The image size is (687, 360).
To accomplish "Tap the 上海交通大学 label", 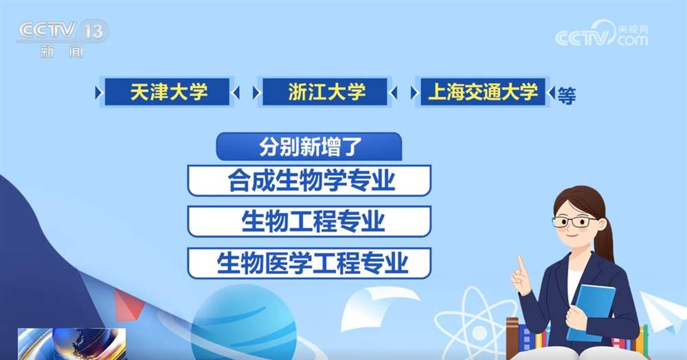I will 483,91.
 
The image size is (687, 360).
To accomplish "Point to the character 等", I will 567,95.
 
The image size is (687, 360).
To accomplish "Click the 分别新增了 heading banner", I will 309,147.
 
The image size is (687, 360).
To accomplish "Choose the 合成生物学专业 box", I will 309,181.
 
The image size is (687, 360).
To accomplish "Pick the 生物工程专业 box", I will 309,221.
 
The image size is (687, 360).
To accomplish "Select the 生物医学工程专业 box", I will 309,263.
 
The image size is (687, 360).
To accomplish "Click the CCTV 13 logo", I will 62,38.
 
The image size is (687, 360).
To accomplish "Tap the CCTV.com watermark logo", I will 601,34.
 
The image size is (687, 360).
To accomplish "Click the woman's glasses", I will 574,222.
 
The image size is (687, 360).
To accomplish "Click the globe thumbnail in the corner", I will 71,344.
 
